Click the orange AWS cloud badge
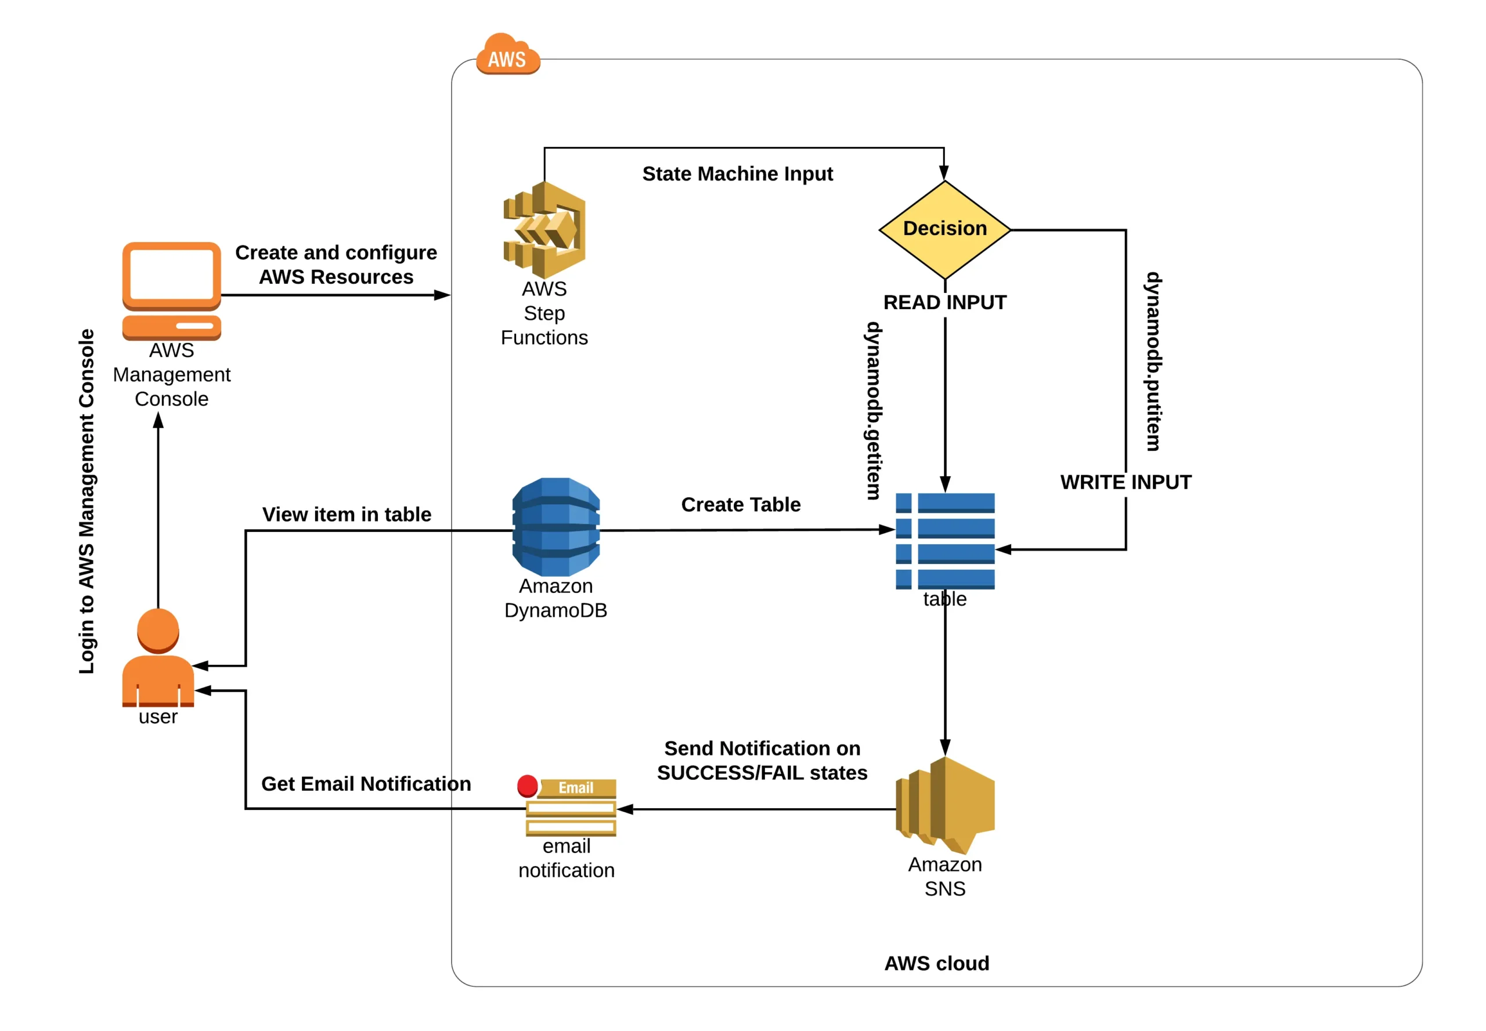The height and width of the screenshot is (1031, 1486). [x=507, y=55]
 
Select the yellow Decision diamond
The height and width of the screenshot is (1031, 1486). [x=944, y=229]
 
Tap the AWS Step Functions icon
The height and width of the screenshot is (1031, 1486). [x=545, y=230]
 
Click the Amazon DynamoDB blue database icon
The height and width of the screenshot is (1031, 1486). [x=556, y=526]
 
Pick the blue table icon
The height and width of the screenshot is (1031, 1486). [x=944, y=541]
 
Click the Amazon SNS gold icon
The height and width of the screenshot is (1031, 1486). [x=944, y=804]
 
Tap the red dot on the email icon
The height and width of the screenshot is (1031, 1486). [x=528, y=786]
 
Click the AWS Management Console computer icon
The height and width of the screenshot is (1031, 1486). [x=172, y=290]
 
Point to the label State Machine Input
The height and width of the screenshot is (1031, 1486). [x=738, y=174]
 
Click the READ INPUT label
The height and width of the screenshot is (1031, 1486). [x=944, y=302]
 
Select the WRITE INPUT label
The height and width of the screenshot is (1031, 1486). [x=1126, y=482]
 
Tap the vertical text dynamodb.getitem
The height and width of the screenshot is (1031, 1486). [x=873, y=411]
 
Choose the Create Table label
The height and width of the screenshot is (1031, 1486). [x=741, y=505]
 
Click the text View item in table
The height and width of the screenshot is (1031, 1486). [x=347, y=514]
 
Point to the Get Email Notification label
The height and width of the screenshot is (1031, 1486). [x=366, y=784]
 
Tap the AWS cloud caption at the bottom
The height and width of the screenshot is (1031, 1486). [x=937, y=963]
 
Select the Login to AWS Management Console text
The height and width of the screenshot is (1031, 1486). [x=86, y=501]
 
